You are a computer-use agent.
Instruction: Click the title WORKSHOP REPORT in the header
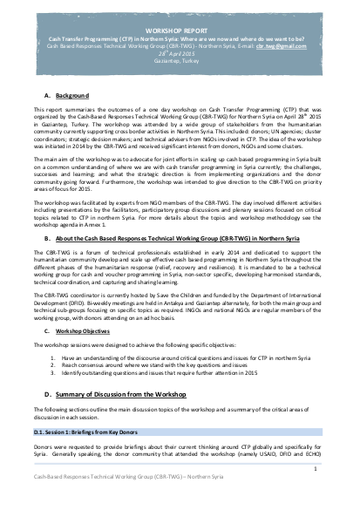click(180, 29)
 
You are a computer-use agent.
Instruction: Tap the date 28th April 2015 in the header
click(180, 52)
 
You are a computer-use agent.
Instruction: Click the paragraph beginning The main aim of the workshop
click(180, 165)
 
